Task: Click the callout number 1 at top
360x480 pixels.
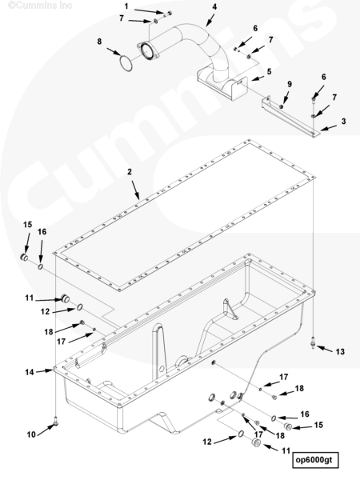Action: [x=126, y=6]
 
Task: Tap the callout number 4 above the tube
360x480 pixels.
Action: [x=214, y=6]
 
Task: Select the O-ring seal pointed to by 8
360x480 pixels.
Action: [x=126, y=63]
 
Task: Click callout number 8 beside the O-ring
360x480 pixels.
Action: [x=99, y=42]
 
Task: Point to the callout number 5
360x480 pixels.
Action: [x=269, y=71]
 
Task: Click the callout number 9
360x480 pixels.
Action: [x=290, y=84]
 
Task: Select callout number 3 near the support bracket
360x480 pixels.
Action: [x=343, y=122]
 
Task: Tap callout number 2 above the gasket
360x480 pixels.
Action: [x=130, y=172]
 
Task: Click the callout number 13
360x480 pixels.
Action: [x=340, y=352]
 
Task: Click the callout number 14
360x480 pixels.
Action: [x=30, y=372]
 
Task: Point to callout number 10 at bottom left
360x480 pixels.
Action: [x=31, y=434]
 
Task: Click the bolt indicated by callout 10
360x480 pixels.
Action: [x=56, y=422]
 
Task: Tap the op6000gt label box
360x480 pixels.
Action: [x=315, y=459]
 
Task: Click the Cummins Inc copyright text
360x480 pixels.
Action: [x=40, y=5]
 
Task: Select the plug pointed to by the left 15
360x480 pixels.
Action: [x=24, y=257]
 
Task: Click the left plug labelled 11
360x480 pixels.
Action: [x=65, y=298]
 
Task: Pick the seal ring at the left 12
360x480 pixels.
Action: [x=79, y=306]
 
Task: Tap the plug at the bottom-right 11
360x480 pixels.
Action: [x=255, y=443]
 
